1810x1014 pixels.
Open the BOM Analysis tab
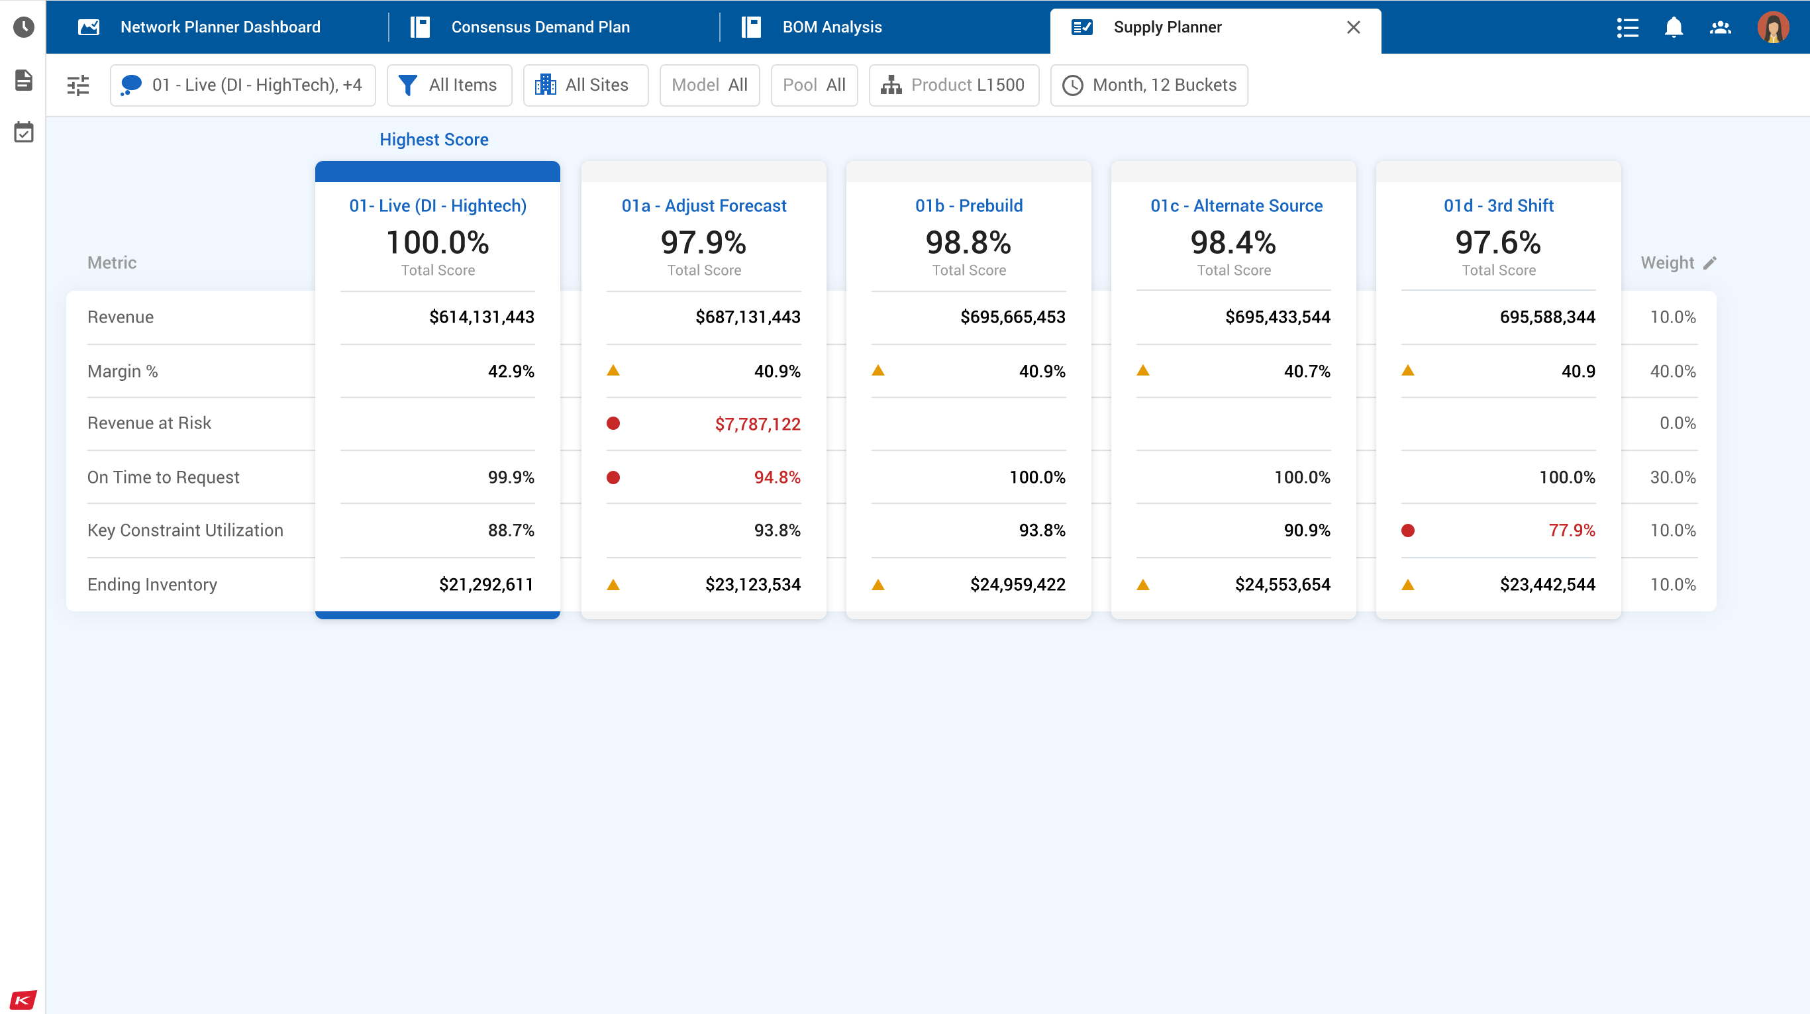[x=831, y=27]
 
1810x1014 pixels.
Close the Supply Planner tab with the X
[x=1352, y=27]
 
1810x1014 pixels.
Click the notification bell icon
[x=1673, y=27]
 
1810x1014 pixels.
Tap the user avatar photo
[x=1772, y=27]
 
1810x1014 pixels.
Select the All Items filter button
[x=449, y=85]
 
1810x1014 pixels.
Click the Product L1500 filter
[x=954, y=85]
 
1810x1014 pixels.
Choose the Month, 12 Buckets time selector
[x=1149, y=85]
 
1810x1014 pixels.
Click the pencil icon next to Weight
[x=1709, y=263]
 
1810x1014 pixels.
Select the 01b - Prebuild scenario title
[x=968, y=206]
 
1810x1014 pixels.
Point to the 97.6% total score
[x=1497, y=242]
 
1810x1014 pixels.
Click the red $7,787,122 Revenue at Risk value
[x=758, y=424]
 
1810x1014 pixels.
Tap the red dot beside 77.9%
[x=1407, y=531]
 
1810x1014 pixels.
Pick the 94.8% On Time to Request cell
[x=776, y=477]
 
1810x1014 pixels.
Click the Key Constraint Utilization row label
[x=185, y=531]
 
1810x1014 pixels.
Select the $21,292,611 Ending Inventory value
[x=485, y=585]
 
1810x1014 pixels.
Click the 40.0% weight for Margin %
[x=1672, y=371]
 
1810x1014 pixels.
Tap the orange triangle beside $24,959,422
[x=878, y=585]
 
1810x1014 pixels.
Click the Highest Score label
[x=434, y=140]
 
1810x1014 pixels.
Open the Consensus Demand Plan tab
[x=540, y=27]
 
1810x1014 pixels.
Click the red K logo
[x=23, y=999]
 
